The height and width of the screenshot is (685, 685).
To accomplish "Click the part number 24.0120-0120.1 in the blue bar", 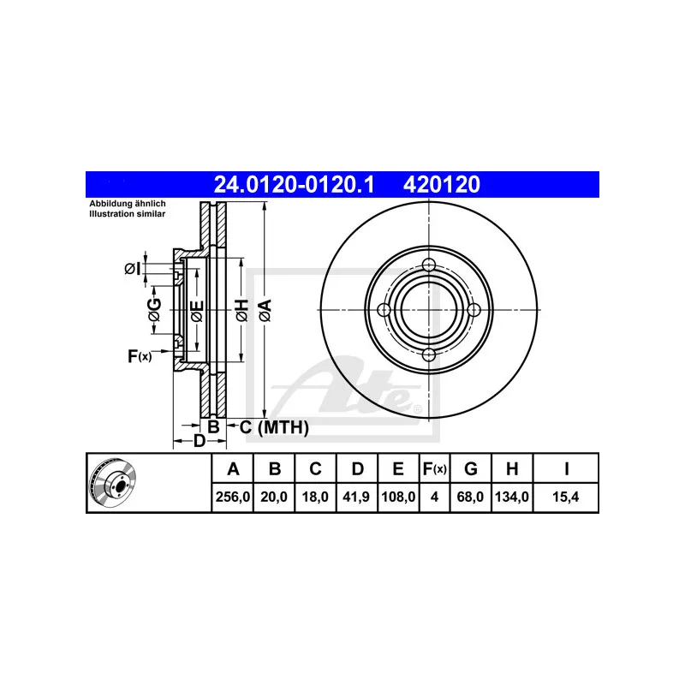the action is [x=294, y=184].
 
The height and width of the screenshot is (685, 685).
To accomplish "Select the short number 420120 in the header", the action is [x=442, y=184].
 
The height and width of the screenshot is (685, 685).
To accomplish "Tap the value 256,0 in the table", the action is [x=233, y=497].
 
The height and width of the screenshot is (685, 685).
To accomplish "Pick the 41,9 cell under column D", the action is [x=356, y=497].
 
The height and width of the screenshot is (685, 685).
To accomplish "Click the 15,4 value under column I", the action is [x=565, y=497].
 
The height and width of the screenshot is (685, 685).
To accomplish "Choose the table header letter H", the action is [x=512, y=468].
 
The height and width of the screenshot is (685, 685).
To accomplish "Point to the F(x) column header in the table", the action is [x=435, y=468].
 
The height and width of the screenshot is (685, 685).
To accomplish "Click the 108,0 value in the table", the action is [x=398, y=497].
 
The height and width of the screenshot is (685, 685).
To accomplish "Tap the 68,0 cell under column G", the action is [x=470, y=497].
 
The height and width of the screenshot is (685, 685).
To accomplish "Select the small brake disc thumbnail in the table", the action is [x=113, y=483].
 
